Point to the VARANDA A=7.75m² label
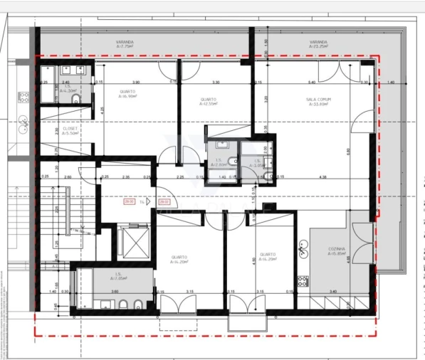tap(127, 44)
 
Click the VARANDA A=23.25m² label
tap(318, 44)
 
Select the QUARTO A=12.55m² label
tap(209, 101)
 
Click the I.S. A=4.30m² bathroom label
tap(68, 89)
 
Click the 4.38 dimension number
tap(322, 177)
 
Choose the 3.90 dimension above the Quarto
tap(136, 83)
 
